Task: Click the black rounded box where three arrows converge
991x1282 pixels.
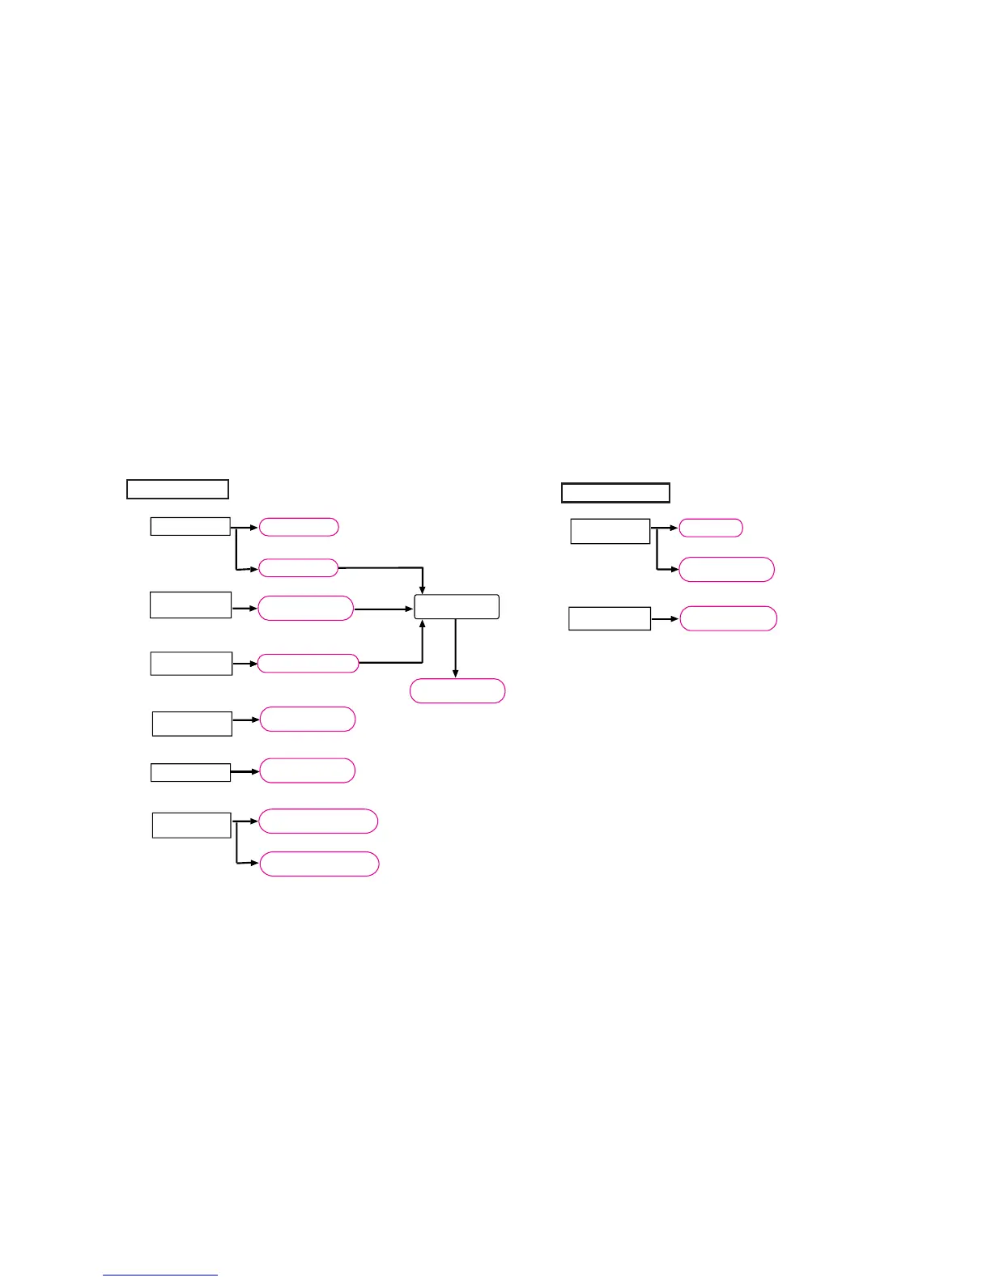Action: coord(457,607)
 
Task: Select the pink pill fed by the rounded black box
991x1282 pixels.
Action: coord(457,691)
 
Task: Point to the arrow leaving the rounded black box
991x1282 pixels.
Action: coord(456,647)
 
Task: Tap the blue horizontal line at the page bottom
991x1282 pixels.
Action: coord(160,1275)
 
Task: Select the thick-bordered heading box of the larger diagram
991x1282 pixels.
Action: coord(177,489)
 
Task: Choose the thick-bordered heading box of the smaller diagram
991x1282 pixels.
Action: coord(615,492)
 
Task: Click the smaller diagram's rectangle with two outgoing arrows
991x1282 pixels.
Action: coord(610,531)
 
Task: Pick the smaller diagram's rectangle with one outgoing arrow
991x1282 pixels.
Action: coord(609,618)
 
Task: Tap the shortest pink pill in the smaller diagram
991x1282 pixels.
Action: coord(710,528)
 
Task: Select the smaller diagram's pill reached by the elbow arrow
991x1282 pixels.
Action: coord(726,570)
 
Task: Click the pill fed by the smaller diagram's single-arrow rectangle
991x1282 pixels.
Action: coord(728,618)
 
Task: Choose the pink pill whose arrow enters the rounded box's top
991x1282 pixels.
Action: coord(298,568)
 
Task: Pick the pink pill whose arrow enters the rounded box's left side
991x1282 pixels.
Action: coord(305,609)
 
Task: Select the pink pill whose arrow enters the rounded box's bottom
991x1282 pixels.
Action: coord(308,664)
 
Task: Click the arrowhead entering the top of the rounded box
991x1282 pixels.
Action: coord(423,590)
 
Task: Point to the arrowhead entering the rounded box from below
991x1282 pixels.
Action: coord(423,625)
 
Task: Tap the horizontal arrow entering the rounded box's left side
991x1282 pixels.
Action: coord(384,609)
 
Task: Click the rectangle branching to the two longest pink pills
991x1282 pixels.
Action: coord(191,825)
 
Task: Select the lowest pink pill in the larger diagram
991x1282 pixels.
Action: coord(319,864)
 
